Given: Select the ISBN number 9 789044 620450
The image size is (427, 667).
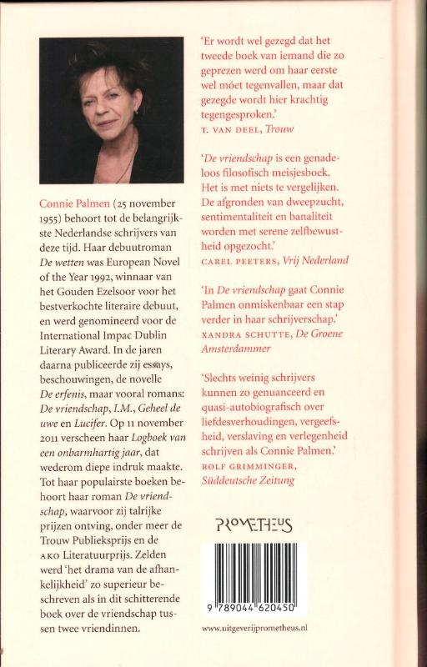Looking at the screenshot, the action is pos(254,611).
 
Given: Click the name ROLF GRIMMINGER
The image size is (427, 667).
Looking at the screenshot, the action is pos(246,466).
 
